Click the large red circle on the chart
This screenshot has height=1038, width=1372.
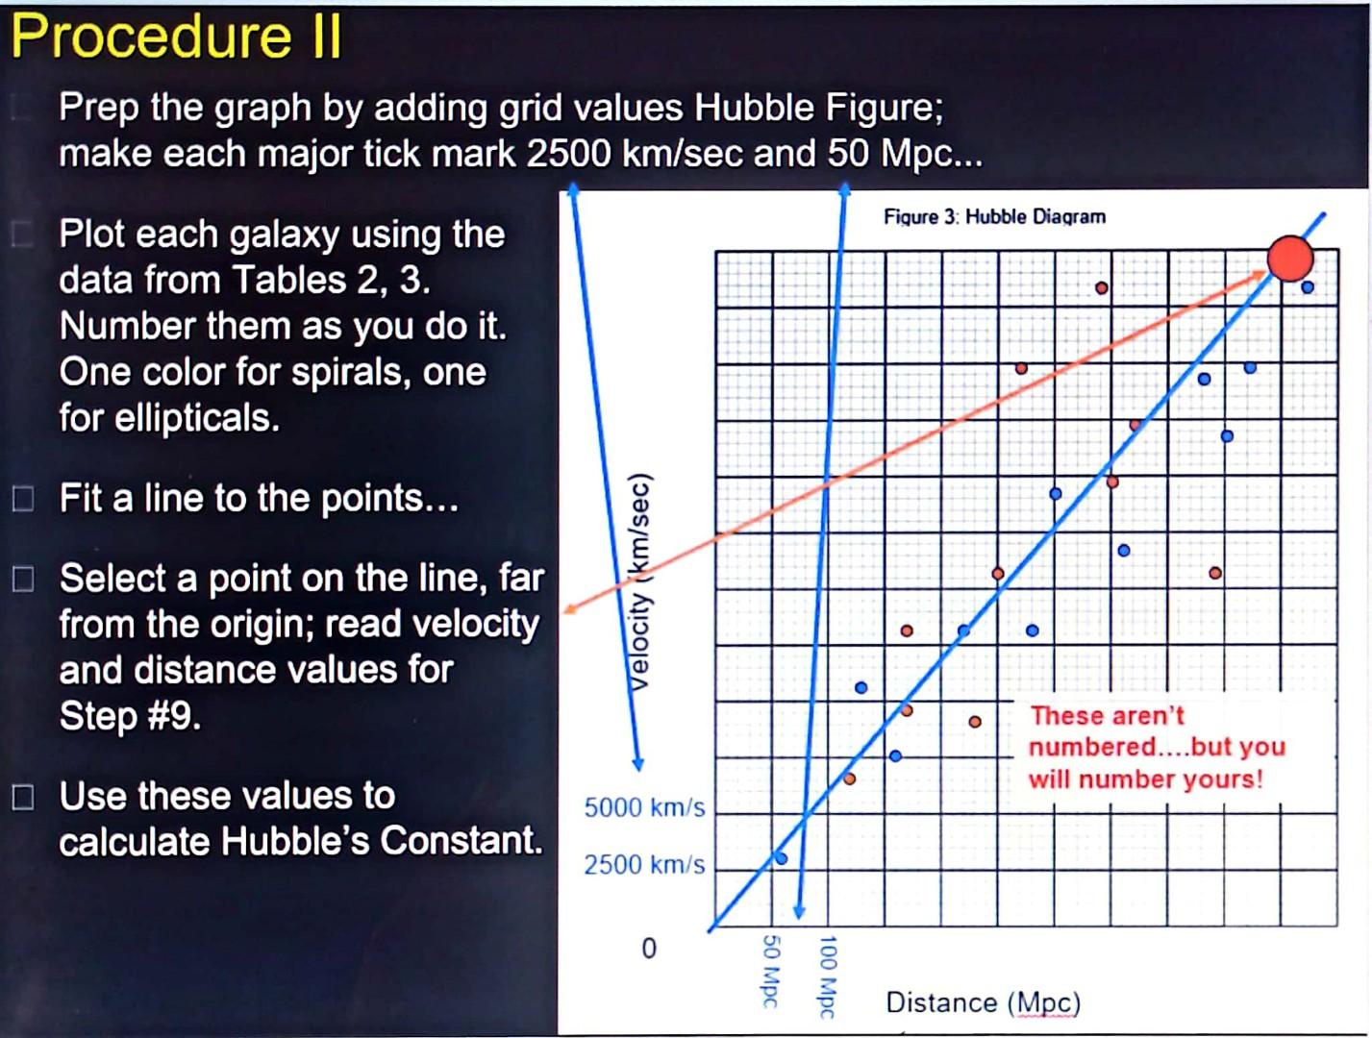[1289, 258]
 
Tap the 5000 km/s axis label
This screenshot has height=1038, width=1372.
[644, 807]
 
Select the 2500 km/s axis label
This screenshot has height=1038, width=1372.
[644, 865]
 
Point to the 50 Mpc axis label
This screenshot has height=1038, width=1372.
[770, 970]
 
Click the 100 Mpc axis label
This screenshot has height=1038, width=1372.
[828, 976]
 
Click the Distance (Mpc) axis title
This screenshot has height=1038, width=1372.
[983, 1002]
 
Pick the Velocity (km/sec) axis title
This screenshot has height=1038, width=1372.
[639, 582]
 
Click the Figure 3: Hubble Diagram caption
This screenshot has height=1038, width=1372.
[994, 216]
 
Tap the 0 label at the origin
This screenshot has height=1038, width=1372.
[649, 949]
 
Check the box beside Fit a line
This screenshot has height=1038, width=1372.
[23, 499]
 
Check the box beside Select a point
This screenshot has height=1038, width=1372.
[23, 579]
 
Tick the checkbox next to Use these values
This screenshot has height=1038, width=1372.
[23, 797]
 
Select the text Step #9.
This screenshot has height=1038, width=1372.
[130, 716]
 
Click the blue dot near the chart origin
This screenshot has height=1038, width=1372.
[781, 857]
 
